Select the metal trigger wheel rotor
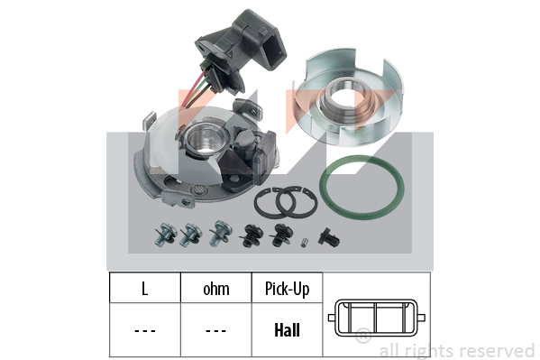(348, 97)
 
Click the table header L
(145, 289)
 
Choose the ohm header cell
(216, 290)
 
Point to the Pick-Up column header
(287, 290)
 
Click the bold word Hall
(287, 330)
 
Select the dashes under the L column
(145, 331)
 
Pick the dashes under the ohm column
(216, 331)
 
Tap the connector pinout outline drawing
(377, 300)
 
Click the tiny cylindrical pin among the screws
(303, 242)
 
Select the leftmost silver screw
(165, 235)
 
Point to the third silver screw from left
(220, 233)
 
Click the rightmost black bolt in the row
(329, 237)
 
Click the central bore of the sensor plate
(206, 140)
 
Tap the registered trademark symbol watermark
(363, 336)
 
